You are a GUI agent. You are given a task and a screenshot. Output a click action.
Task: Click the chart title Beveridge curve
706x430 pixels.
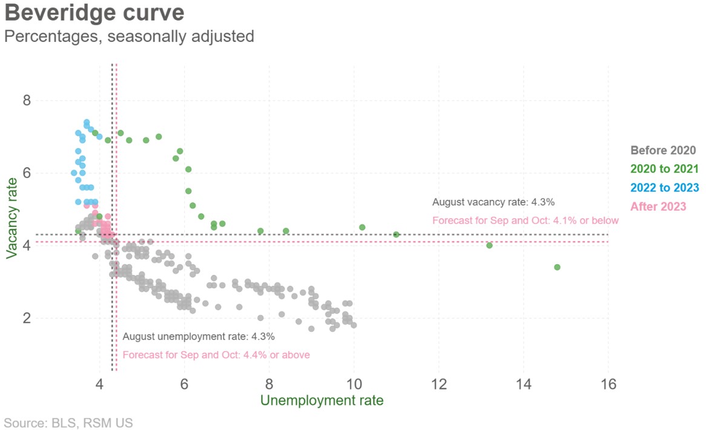coord(94,13)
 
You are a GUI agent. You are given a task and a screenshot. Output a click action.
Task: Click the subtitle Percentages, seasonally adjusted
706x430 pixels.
coord(128,36)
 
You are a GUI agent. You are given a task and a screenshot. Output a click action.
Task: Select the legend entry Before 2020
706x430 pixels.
coord(663,151)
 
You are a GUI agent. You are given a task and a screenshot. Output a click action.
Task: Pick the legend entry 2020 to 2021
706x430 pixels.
coord(664,169)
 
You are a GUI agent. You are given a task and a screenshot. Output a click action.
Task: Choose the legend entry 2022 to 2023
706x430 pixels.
coord(664,188)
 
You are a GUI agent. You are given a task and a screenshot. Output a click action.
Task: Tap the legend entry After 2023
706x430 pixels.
coord(658,207)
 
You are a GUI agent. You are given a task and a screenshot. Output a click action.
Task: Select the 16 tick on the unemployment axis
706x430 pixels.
coord(608,384)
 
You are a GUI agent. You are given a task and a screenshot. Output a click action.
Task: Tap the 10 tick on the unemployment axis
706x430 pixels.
coord(354,384)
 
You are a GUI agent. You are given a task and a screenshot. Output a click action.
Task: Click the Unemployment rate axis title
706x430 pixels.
coord(322,401)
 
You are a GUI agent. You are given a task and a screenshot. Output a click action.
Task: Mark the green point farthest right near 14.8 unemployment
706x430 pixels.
coord(557,267)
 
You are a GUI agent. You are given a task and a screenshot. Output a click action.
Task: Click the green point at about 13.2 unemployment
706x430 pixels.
coord(489,245)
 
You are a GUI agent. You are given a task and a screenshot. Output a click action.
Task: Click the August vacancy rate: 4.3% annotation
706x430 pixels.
coord(493,202)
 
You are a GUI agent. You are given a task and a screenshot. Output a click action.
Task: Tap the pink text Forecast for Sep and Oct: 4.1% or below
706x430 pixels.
coord(526,220)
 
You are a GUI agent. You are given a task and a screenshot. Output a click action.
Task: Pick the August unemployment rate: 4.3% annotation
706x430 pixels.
coord(199,337)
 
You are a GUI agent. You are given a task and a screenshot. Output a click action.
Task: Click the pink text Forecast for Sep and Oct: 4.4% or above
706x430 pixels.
coord(216,355)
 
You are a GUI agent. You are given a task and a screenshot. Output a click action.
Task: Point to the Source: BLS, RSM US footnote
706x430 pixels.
coord(68,423)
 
